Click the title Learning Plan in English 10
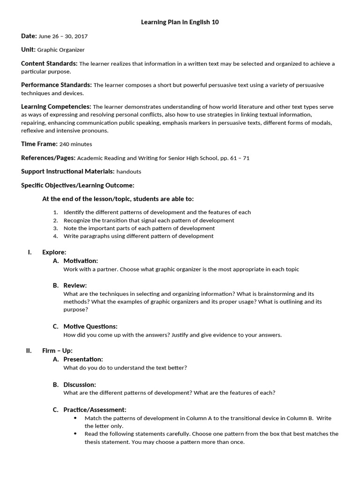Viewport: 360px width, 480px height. [x=180, y=22]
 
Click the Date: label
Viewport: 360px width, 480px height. [x=29, y=36]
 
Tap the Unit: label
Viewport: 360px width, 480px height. [x=29, y=49]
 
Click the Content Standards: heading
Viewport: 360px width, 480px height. [x=49, y=63]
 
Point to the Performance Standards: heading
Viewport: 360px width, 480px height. [x=56, y=85]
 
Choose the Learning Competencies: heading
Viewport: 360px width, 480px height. [x=56, y=106]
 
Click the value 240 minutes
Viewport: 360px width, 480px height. [x=76, y=144]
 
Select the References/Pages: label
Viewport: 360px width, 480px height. [x=48, y=158]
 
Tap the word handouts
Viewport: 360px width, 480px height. [x=129, y=172]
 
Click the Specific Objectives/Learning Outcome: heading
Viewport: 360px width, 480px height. [x=78, y=186]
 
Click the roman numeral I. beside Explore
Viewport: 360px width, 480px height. [x=30, y=252]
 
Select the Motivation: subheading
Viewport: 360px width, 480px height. [x=81, y=261]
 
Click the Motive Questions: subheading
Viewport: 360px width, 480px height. [x=90, y=326]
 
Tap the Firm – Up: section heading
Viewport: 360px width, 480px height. [x=57, y=351]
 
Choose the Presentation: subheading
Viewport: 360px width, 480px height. [x=83, y=359]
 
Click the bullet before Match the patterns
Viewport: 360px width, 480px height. [x=75, y=418]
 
